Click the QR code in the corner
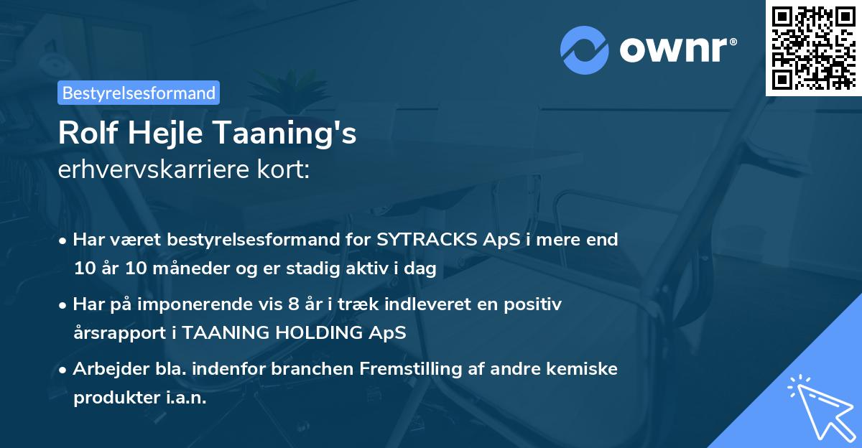814,47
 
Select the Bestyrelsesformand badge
139,93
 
